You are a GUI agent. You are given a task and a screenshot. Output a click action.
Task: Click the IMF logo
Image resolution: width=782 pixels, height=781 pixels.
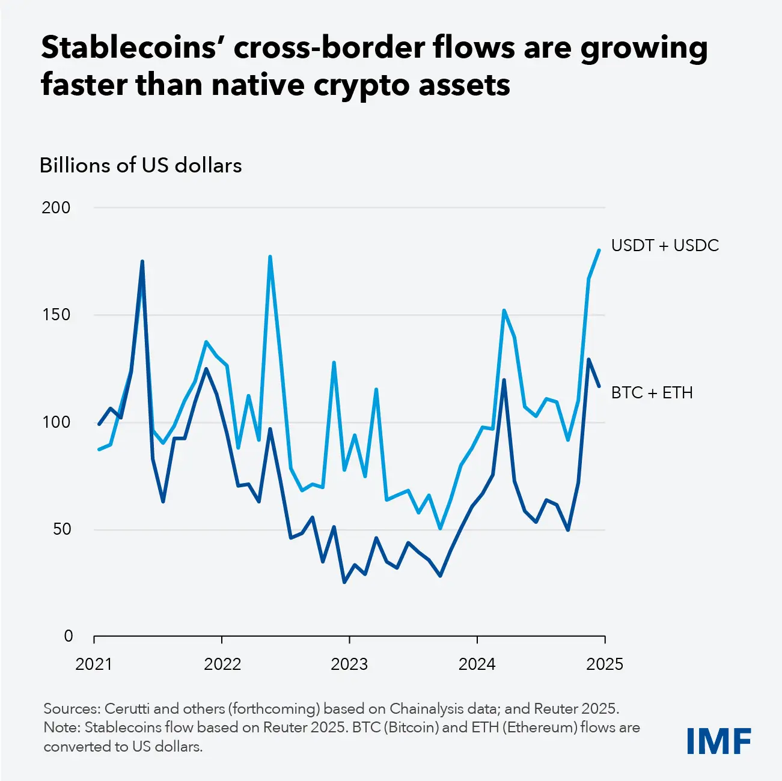tap(718, 741)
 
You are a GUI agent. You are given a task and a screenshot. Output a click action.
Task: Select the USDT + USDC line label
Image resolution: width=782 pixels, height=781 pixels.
tap(665, 246)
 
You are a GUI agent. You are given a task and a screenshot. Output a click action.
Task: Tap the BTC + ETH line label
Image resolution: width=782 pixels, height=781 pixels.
tap(652, 393)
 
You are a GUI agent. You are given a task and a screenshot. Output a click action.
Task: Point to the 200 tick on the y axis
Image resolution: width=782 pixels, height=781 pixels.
tap(56, 208)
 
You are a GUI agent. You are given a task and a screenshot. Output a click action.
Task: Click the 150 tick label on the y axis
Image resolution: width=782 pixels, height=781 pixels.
tap(56, 315)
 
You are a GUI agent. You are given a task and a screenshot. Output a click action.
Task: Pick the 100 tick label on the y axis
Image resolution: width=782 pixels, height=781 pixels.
tap(56, 422)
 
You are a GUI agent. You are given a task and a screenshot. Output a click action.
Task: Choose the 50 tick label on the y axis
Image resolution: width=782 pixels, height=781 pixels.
tap(61, 529)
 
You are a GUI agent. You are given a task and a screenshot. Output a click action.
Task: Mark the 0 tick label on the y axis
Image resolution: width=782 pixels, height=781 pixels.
tap(69, 636)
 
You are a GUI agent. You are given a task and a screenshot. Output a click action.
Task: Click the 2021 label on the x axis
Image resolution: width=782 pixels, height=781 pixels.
tap(94, 664)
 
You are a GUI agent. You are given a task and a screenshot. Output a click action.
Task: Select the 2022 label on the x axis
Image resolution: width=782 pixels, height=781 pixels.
tap(222, 664)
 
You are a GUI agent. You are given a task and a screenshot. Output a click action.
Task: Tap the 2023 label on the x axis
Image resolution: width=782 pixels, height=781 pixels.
tap(349, 664)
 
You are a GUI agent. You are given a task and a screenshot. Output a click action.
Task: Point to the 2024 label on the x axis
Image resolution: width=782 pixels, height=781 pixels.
tap(477, 664)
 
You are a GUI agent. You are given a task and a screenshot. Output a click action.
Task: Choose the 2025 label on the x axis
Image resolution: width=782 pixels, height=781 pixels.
tap(605, 664)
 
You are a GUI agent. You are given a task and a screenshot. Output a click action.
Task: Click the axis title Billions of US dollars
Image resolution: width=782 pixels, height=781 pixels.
tap(141, 165)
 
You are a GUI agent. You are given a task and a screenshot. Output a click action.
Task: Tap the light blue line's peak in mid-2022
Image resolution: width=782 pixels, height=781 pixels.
tap(270, 257)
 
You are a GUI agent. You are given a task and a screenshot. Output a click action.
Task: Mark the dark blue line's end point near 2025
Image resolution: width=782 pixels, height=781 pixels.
tap(599, 386)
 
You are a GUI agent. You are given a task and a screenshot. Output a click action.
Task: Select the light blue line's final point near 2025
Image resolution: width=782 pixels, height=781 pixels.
tap(599, 250)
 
